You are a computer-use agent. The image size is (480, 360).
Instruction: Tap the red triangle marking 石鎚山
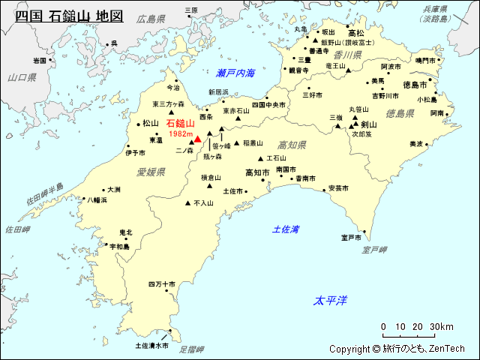point(197,139)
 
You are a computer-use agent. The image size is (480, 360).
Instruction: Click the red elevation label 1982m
point(181,133)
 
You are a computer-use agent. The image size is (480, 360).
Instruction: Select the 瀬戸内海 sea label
point(235,73)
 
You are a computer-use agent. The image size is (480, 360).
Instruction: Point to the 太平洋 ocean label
point(331,300)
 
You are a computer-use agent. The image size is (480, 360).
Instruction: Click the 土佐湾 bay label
point(286,229)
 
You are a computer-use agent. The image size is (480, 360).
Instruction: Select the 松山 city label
point(151,123)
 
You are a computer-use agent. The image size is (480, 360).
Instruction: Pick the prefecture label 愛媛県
point(151,172)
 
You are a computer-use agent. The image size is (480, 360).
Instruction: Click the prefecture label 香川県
point(348,55)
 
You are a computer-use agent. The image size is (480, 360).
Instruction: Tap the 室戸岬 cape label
point(374,249)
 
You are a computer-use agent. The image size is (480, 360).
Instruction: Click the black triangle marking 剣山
point(355,125)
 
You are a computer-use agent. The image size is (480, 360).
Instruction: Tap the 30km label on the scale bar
point(442,327)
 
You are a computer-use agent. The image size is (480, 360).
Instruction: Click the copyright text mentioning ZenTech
point(397,349)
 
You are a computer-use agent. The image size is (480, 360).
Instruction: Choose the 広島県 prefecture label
point(151,19)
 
